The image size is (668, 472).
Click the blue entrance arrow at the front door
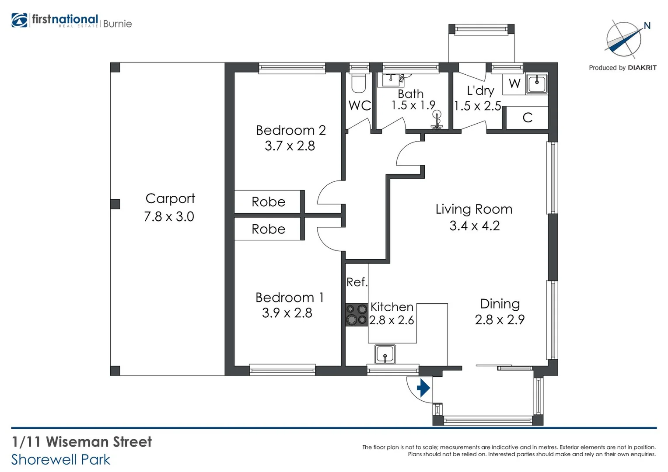click(423, 388)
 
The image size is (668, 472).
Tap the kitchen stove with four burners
click(357, 315)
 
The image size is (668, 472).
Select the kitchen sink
click(385, 354)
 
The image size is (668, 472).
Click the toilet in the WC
click(359, 83)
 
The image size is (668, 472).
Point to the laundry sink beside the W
click(536, 83)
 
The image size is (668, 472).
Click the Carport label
click(170, 198)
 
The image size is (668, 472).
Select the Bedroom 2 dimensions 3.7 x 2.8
click(290, 146)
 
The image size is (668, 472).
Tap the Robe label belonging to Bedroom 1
click(268, 229)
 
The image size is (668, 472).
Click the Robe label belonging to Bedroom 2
click(268, 202)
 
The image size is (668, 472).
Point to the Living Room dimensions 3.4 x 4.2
click(474, 226)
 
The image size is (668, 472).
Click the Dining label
click(500, 304)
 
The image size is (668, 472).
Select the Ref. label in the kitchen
click(357, 282)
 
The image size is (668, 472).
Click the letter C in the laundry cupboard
click(528, 118)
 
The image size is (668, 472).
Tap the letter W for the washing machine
click(514, 83)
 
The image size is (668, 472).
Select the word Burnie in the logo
click(117, 24)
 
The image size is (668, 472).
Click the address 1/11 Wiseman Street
click(82, 442)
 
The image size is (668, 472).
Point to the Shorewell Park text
click(61, 460)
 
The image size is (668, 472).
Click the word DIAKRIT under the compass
click(642, 68)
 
